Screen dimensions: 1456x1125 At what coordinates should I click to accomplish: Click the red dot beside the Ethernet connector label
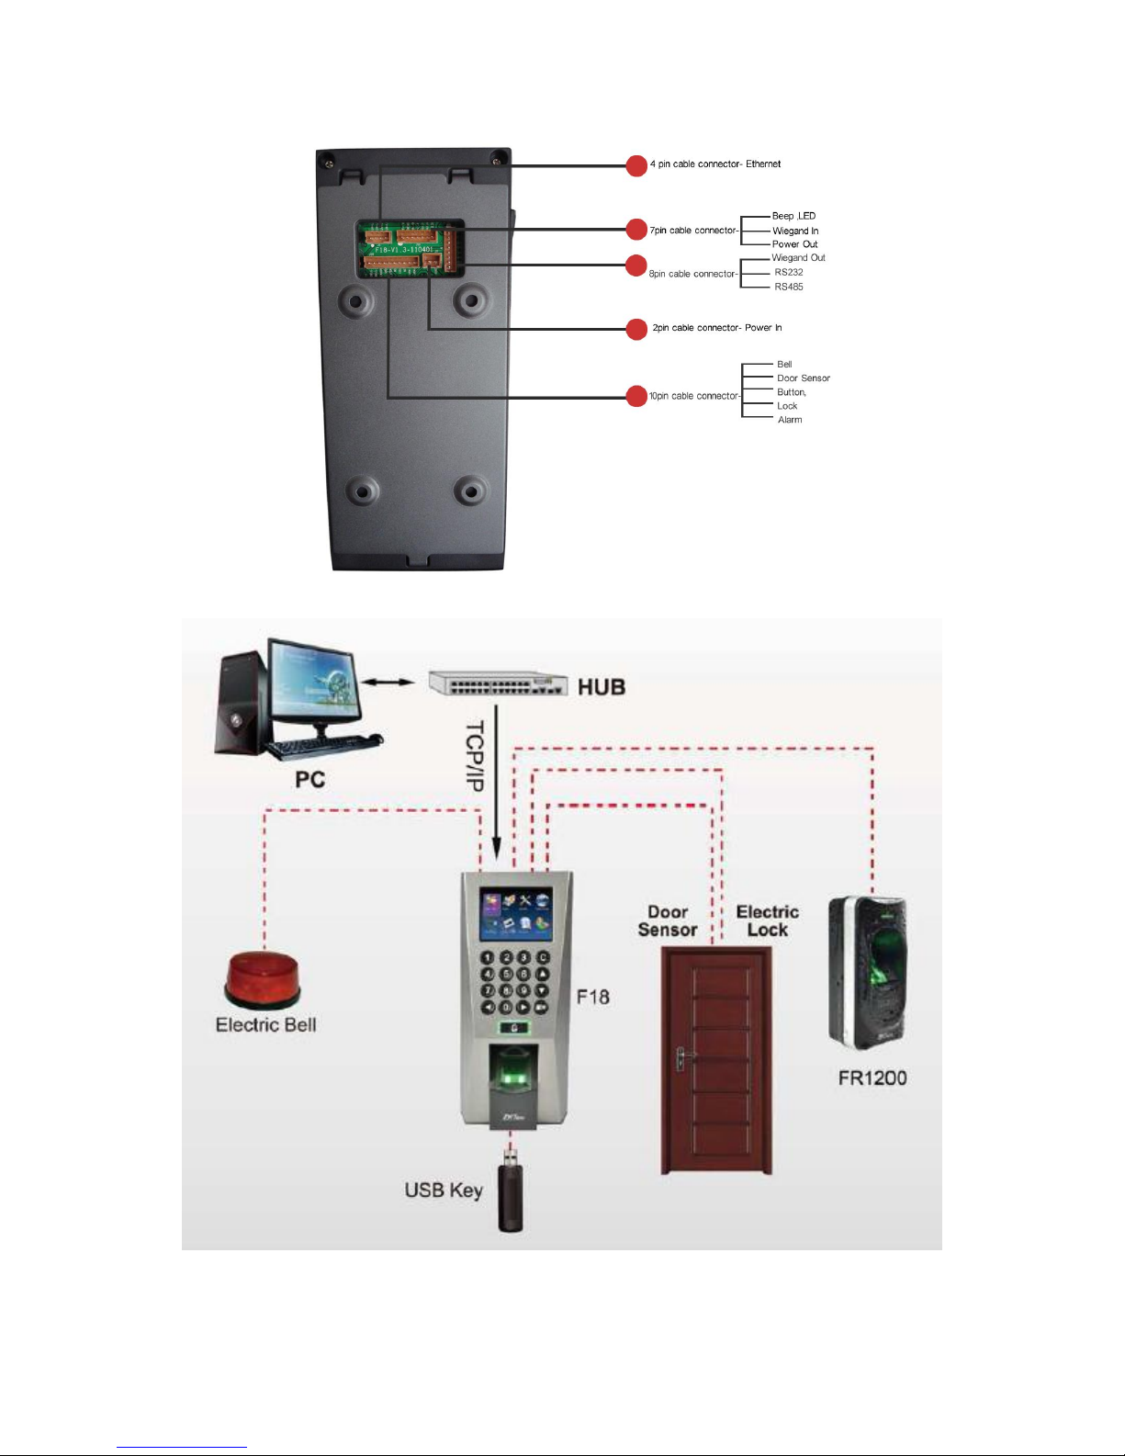(636, 165)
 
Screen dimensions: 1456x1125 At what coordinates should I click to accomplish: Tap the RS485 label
(788, 287)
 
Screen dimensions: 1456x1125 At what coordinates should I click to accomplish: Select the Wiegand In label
(795, 231)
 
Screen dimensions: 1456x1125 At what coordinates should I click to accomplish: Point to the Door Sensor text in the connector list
(803, 378)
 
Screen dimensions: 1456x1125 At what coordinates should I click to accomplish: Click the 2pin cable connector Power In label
(716, 328)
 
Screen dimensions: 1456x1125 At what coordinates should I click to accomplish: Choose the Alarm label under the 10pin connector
(789, 420)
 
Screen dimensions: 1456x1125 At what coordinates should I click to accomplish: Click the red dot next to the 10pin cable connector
(636, 396)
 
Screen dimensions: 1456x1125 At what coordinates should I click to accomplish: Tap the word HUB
(602, 686)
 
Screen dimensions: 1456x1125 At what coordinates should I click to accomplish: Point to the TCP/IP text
(474, 756)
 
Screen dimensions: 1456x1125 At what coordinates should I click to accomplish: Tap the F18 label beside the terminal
(593, 997)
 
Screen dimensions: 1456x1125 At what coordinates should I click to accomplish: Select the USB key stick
(511, 1195)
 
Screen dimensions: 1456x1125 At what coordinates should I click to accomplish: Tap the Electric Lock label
(767, 920)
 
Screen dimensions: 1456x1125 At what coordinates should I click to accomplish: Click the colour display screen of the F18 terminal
(516, 914)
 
